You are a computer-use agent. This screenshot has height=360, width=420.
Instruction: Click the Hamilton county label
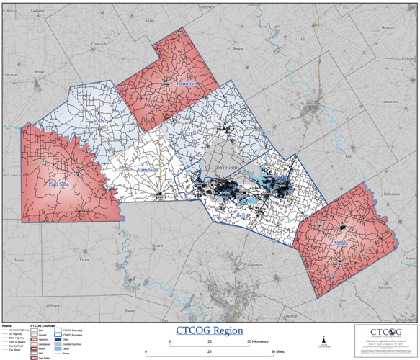click(x=186, y=84)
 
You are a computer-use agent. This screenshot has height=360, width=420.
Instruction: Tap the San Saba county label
click(x=59, y=184)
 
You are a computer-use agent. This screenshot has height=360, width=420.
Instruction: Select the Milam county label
click(x=341, y=244)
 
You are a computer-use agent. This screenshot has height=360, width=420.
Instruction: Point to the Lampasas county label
click(x=148, y=170)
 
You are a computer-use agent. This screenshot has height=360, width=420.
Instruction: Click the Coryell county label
click(x=188, y=134)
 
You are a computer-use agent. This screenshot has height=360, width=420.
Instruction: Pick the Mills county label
click(x=99, y=122)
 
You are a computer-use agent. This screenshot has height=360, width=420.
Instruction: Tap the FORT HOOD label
click(x=225, y=168)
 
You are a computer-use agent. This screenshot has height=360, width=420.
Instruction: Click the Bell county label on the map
click(x=240, y=215)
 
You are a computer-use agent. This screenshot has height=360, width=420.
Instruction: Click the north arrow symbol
click(x=323, y=341)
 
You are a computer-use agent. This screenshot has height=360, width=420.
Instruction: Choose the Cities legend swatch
click(x=57, y=339)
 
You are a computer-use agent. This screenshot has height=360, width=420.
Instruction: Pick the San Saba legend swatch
click(x=33, y=357)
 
